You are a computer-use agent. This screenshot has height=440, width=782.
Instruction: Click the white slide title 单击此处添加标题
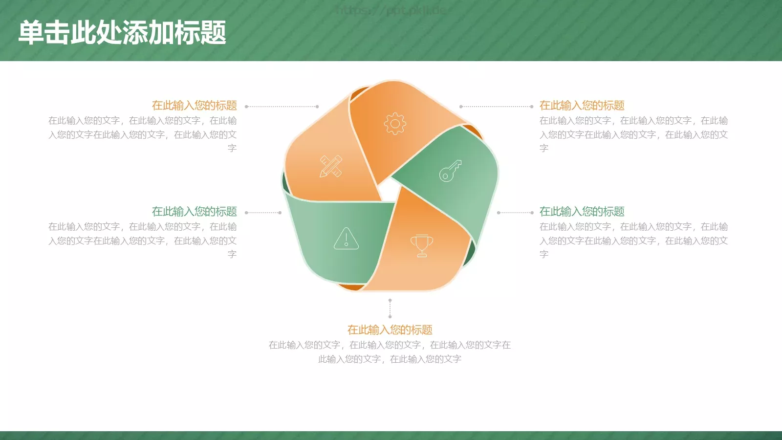122,33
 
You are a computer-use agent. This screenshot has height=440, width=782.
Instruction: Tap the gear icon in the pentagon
395,124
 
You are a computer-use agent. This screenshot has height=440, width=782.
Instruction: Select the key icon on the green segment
450,171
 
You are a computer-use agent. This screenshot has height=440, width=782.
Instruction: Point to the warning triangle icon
346,239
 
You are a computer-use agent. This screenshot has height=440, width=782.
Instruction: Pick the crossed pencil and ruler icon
331,166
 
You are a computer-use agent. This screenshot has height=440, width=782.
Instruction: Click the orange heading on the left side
194,106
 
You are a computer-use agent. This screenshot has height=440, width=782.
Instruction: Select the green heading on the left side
194,212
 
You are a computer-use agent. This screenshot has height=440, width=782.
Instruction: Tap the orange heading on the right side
582,106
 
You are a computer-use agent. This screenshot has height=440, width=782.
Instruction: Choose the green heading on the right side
582,212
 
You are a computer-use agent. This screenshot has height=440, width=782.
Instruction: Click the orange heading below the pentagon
390,330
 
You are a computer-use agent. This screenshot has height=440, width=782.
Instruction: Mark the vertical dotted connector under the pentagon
390,308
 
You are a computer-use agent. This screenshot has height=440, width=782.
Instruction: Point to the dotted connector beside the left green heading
263,213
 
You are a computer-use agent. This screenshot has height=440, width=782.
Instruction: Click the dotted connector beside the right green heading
515,213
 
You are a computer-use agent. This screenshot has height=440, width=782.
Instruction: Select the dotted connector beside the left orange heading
282,107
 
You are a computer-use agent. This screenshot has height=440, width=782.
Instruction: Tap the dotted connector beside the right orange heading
496,107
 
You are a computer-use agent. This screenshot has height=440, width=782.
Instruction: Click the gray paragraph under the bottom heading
390,352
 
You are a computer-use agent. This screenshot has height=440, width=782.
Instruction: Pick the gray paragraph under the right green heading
633,241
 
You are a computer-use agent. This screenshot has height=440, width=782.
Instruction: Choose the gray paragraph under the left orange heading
142,134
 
